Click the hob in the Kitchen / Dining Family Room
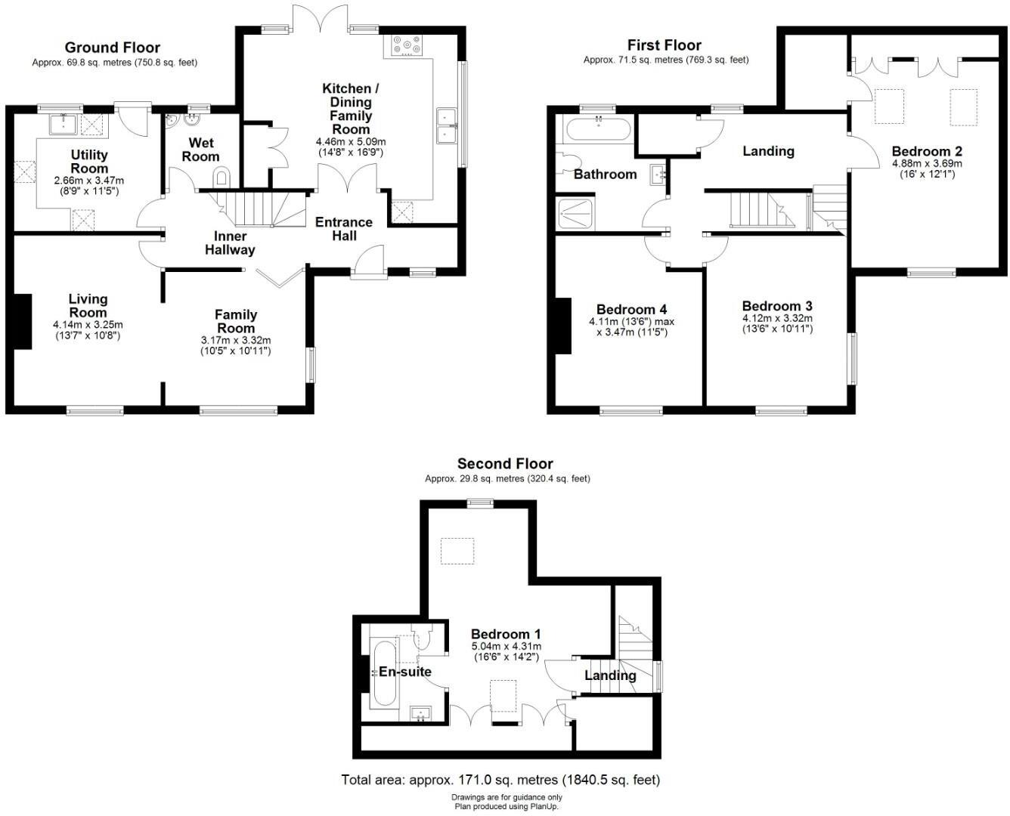[x=407, y=47]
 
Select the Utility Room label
[x=89, y=162]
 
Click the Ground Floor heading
[x=113, y=48]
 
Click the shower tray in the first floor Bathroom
[x=576, y=213]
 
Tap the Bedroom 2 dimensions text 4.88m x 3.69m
[x=927, y=163]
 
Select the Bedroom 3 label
[x=777, y=306]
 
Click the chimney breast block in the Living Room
[x=22, y=321]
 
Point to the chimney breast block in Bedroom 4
[x=562, y=326]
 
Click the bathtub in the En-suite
[x=384, y=672]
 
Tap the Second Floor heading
[x=505, y=464]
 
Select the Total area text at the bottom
[x=500, y=780]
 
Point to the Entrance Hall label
[x=344, y=228]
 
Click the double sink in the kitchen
[x=445, y=125]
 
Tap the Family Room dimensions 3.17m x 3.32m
[x=236, y=340]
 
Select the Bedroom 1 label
[x=506, y=634]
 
